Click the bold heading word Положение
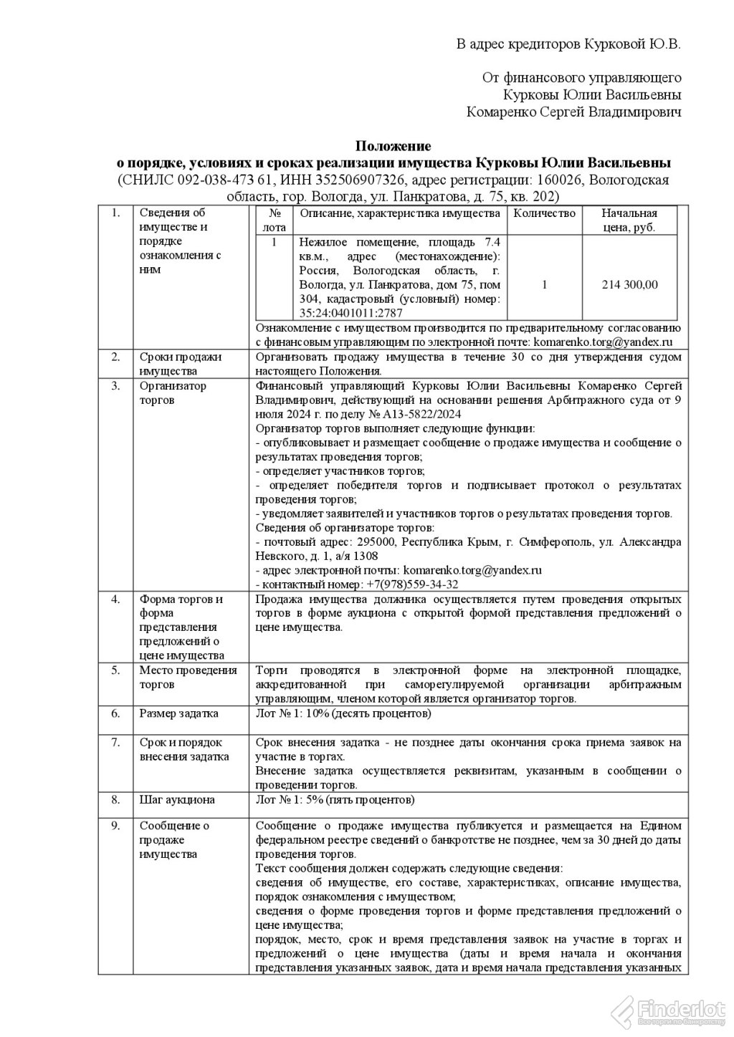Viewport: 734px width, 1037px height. coord(394,147)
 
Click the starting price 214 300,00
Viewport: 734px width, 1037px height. coord(629,284)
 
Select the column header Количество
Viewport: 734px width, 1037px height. coord(545,213)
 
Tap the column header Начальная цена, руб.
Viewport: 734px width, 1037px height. coord(629,220)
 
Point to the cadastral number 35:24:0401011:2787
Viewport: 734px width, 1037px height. coord(351,313)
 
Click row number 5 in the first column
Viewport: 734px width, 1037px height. coord(115,670)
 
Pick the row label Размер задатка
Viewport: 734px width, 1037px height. coord(178,713)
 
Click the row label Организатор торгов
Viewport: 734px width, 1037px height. coord(173,392)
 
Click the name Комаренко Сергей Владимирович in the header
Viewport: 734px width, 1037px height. coord(573,112)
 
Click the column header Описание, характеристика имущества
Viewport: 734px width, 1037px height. coord(399,213)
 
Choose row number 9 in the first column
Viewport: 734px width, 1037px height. coord(115,826)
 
